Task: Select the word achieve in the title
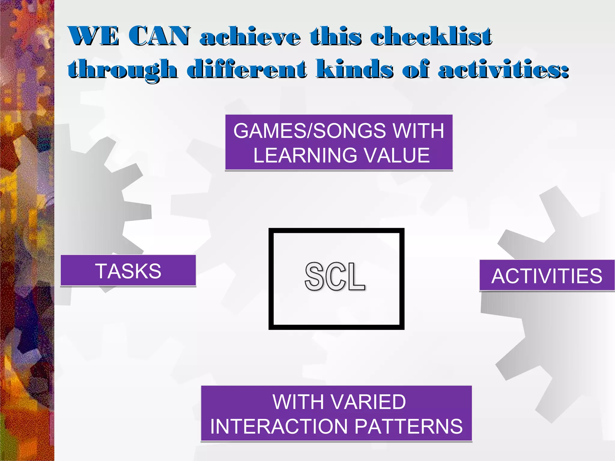[250, 38]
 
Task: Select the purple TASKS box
[128, 271]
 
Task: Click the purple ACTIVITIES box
[547, 276]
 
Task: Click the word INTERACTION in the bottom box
[280, 426]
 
